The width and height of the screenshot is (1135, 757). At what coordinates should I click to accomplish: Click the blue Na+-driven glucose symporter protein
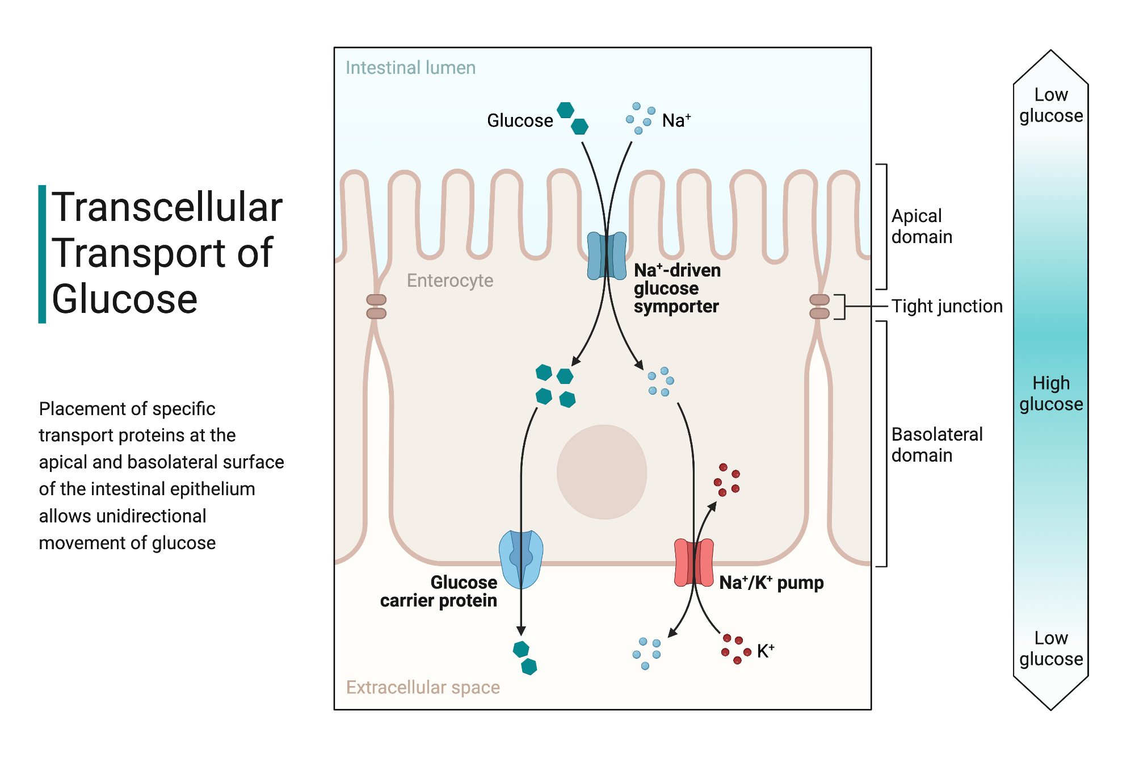(x=607, y=256)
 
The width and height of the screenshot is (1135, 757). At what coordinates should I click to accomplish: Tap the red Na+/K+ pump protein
(x=693, y=562)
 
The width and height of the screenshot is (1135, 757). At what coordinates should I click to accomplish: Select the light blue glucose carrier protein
(x=521, y=559)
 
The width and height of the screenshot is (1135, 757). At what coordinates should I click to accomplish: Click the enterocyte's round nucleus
(x=602, y=471)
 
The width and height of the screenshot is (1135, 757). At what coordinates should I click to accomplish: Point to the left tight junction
(x=376, y=307)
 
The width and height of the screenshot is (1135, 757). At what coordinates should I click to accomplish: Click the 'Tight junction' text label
(x=947, y=306)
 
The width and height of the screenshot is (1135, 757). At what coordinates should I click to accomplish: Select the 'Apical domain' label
(x=922, y=226)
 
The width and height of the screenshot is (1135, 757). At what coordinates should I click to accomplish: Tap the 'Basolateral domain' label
(x=936, y=444)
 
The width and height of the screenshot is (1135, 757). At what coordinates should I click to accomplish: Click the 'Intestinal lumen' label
(x=410, y=68)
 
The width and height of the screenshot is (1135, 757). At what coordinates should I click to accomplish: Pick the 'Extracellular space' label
(x=423, y=687)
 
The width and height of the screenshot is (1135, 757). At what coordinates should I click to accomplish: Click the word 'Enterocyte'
(x=450, y=280)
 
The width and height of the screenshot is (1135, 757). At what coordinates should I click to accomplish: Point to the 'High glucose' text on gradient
(x=1051, y=393)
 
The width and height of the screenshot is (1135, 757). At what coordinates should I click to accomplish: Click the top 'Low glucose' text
(x=1051, y=104)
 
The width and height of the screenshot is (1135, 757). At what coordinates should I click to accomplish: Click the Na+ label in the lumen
(x=676, y=120)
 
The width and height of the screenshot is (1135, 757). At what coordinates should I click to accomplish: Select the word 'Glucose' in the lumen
(x=520, y=120)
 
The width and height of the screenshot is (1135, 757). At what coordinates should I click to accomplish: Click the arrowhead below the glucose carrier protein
(x=521, y=631)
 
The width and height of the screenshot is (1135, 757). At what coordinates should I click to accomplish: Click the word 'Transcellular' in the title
(x=167, y=207)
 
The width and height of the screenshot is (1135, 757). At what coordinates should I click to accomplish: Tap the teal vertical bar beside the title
(x=42, y=254)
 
